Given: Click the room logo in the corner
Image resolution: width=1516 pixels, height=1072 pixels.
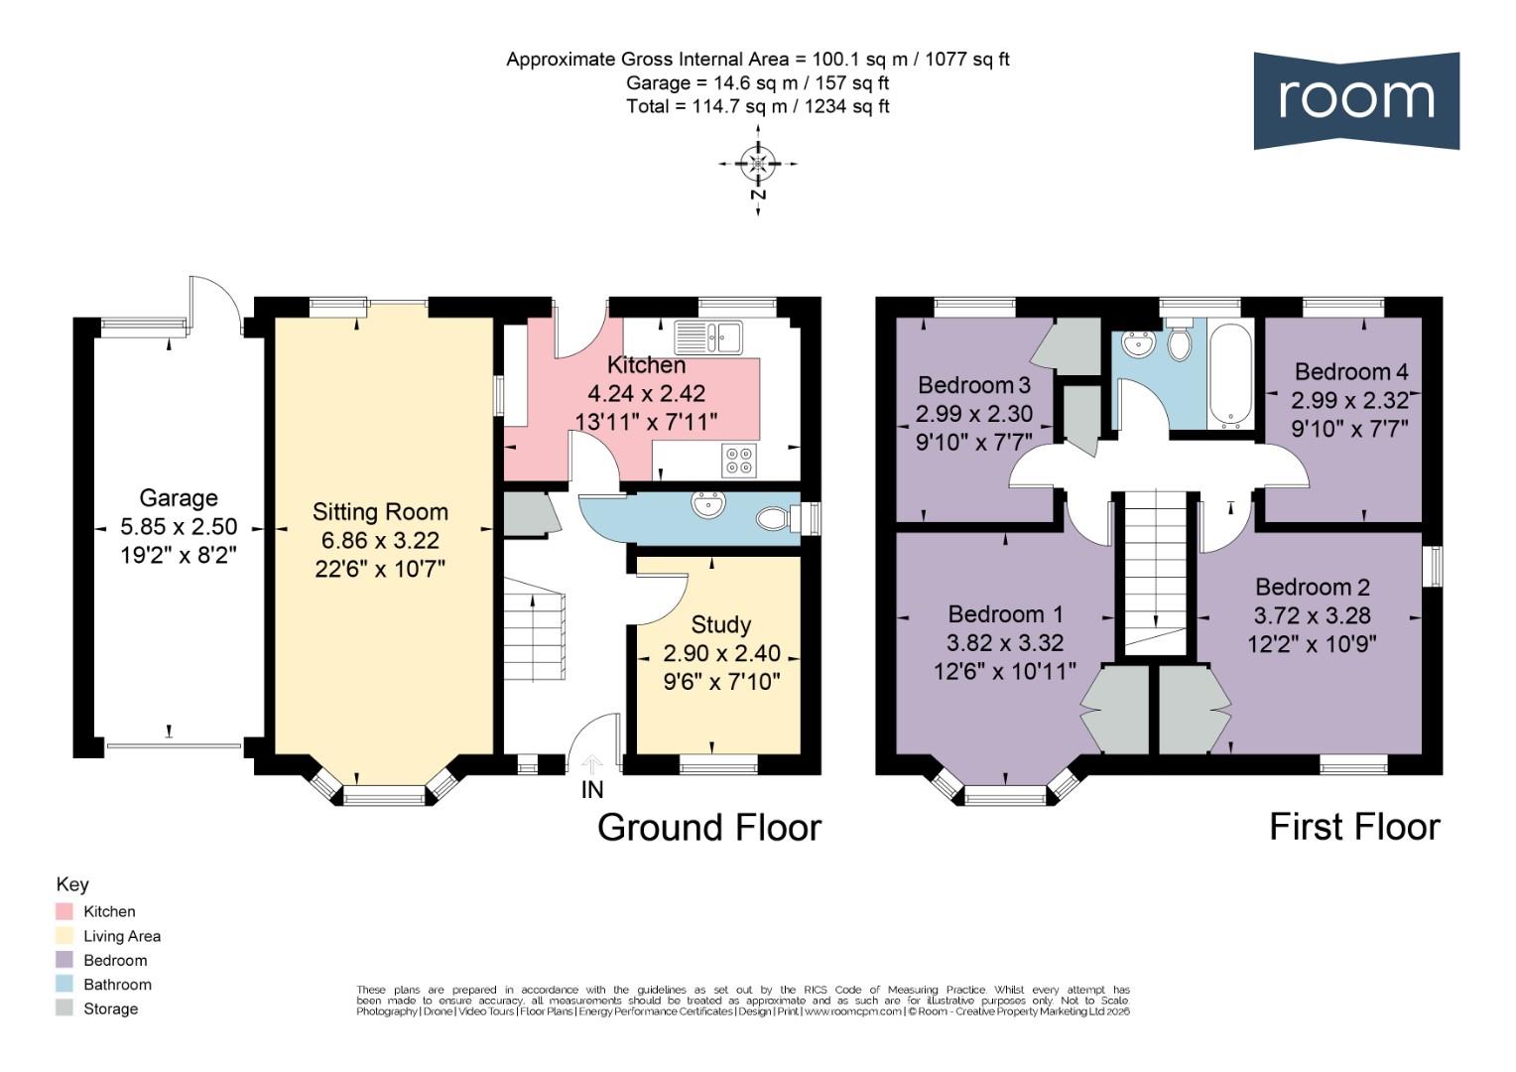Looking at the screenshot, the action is tap(1355, 100).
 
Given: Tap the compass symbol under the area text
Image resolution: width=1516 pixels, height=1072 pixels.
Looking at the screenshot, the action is tap(758, 163).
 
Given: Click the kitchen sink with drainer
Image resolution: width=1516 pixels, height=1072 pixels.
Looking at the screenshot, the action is tap(708, 337).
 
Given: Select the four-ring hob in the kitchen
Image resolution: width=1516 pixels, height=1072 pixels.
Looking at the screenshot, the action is tap(739, 461).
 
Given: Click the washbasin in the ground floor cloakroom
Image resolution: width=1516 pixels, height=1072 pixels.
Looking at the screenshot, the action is tap(708, 504).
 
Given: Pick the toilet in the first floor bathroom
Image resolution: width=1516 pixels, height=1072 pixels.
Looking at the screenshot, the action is tap(1180, 339).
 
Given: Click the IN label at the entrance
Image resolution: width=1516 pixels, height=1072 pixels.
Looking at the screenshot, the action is tap(592, 790).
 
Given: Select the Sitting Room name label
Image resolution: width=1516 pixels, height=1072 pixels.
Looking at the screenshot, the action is tap(380, 512).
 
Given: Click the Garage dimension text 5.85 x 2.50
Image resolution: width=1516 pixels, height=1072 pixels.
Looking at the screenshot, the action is tap(179, 526).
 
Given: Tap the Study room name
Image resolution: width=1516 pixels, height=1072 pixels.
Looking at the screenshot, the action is tap(720, 624).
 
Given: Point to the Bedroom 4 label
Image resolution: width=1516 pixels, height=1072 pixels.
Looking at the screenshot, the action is tap(1351, 371).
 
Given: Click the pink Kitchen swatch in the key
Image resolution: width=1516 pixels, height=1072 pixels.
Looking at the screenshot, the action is tap(64, 911).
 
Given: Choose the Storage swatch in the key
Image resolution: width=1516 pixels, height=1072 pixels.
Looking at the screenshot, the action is tap(64, 1008).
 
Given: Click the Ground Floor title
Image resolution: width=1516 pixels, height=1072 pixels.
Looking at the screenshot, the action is tap(709, 828).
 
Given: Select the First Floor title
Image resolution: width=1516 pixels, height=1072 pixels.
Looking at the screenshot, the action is tap(1355, 827).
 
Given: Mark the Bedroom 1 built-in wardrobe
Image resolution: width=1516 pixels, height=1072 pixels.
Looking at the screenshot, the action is tap(1114, 710).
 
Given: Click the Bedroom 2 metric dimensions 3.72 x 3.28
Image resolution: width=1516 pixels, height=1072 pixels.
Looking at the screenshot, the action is tap(1313, 615).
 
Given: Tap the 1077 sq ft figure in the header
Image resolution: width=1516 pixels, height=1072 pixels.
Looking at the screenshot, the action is tap(967, 60).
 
